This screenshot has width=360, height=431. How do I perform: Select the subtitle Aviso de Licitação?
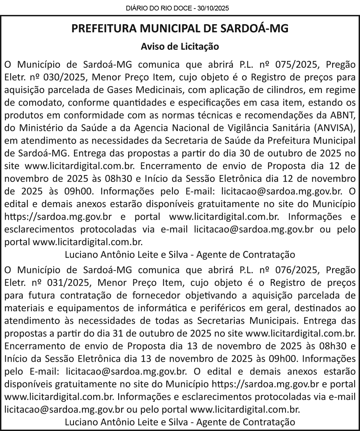click(x=180, y=46)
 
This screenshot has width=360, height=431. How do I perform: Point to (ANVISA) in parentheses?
click(x=334, y=128)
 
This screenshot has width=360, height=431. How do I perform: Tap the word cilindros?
click(x=278, y=90)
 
